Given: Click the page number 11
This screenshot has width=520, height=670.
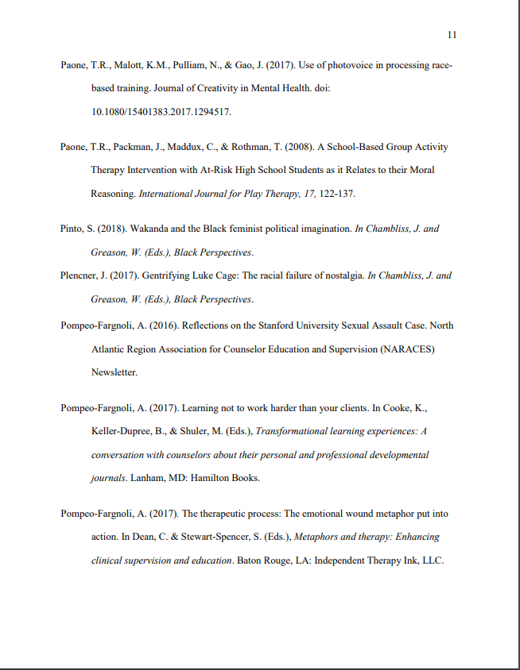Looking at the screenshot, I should [452, 35].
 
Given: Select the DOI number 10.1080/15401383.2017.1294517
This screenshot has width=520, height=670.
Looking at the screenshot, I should [161, 112].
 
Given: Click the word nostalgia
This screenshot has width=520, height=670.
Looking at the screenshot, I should [342, 276].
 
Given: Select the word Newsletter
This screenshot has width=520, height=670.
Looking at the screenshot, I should [114, 372].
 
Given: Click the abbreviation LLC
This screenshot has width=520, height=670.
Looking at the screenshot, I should [431, 560].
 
